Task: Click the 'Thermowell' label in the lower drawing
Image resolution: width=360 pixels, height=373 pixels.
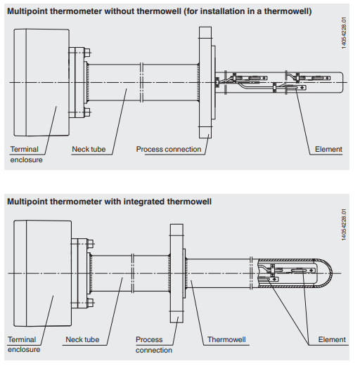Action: pos(226,339)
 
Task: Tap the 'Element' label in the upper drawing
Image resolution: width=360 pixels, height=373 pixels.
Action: pos(328,149)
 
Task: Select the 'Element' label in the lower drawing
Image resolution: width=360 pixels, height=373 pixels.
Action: pos(332,339)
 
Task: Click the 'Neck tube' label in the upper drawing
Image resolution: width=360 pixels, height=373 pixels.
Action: pos(89,149)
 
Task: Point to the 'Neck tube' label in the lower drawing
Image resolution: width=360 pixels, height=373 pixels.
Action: pos(82,339)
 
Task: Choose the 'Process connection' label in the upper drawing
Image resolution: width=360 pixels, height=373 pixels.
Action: pos(169,149)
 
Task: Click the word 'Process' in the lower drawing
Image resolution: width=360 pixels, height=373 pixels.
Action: pos(149,339)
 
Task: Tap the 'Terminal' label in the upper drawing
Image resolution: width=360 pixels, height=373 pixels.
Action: pos(24,149)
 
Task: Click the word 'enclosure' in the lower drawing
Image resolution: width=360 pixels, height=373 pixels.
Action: pos(24,349)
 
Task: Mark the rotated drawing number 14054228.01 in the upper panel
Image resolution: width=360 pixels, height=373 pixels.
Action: pos(344,33)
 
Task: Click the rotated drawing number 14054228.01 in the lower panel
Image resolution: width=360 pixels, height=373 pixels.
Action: pos(344,225)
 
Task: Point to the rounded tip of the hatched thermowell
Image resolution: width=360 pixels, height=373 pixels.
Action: pos(332,273)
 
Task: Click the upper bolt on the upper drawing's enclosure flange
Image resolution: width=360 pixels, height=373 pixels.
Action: pos(87,53)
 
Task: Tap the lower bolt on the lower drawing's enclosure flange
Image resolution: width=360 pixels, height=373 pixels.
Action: pos(90,303)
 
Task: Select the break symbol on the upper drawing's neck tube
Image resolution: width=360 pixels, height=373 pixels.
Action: pos(141,83)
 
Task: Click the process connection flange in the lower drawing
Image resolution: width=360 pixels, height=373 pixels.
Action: pos(176,273)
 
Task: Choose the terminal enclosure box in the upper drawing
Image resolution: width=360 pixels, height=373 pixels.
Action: pos(41,83)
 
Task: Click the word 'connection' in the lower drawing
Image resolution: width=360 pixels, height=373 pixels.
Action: pos(154,350)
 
